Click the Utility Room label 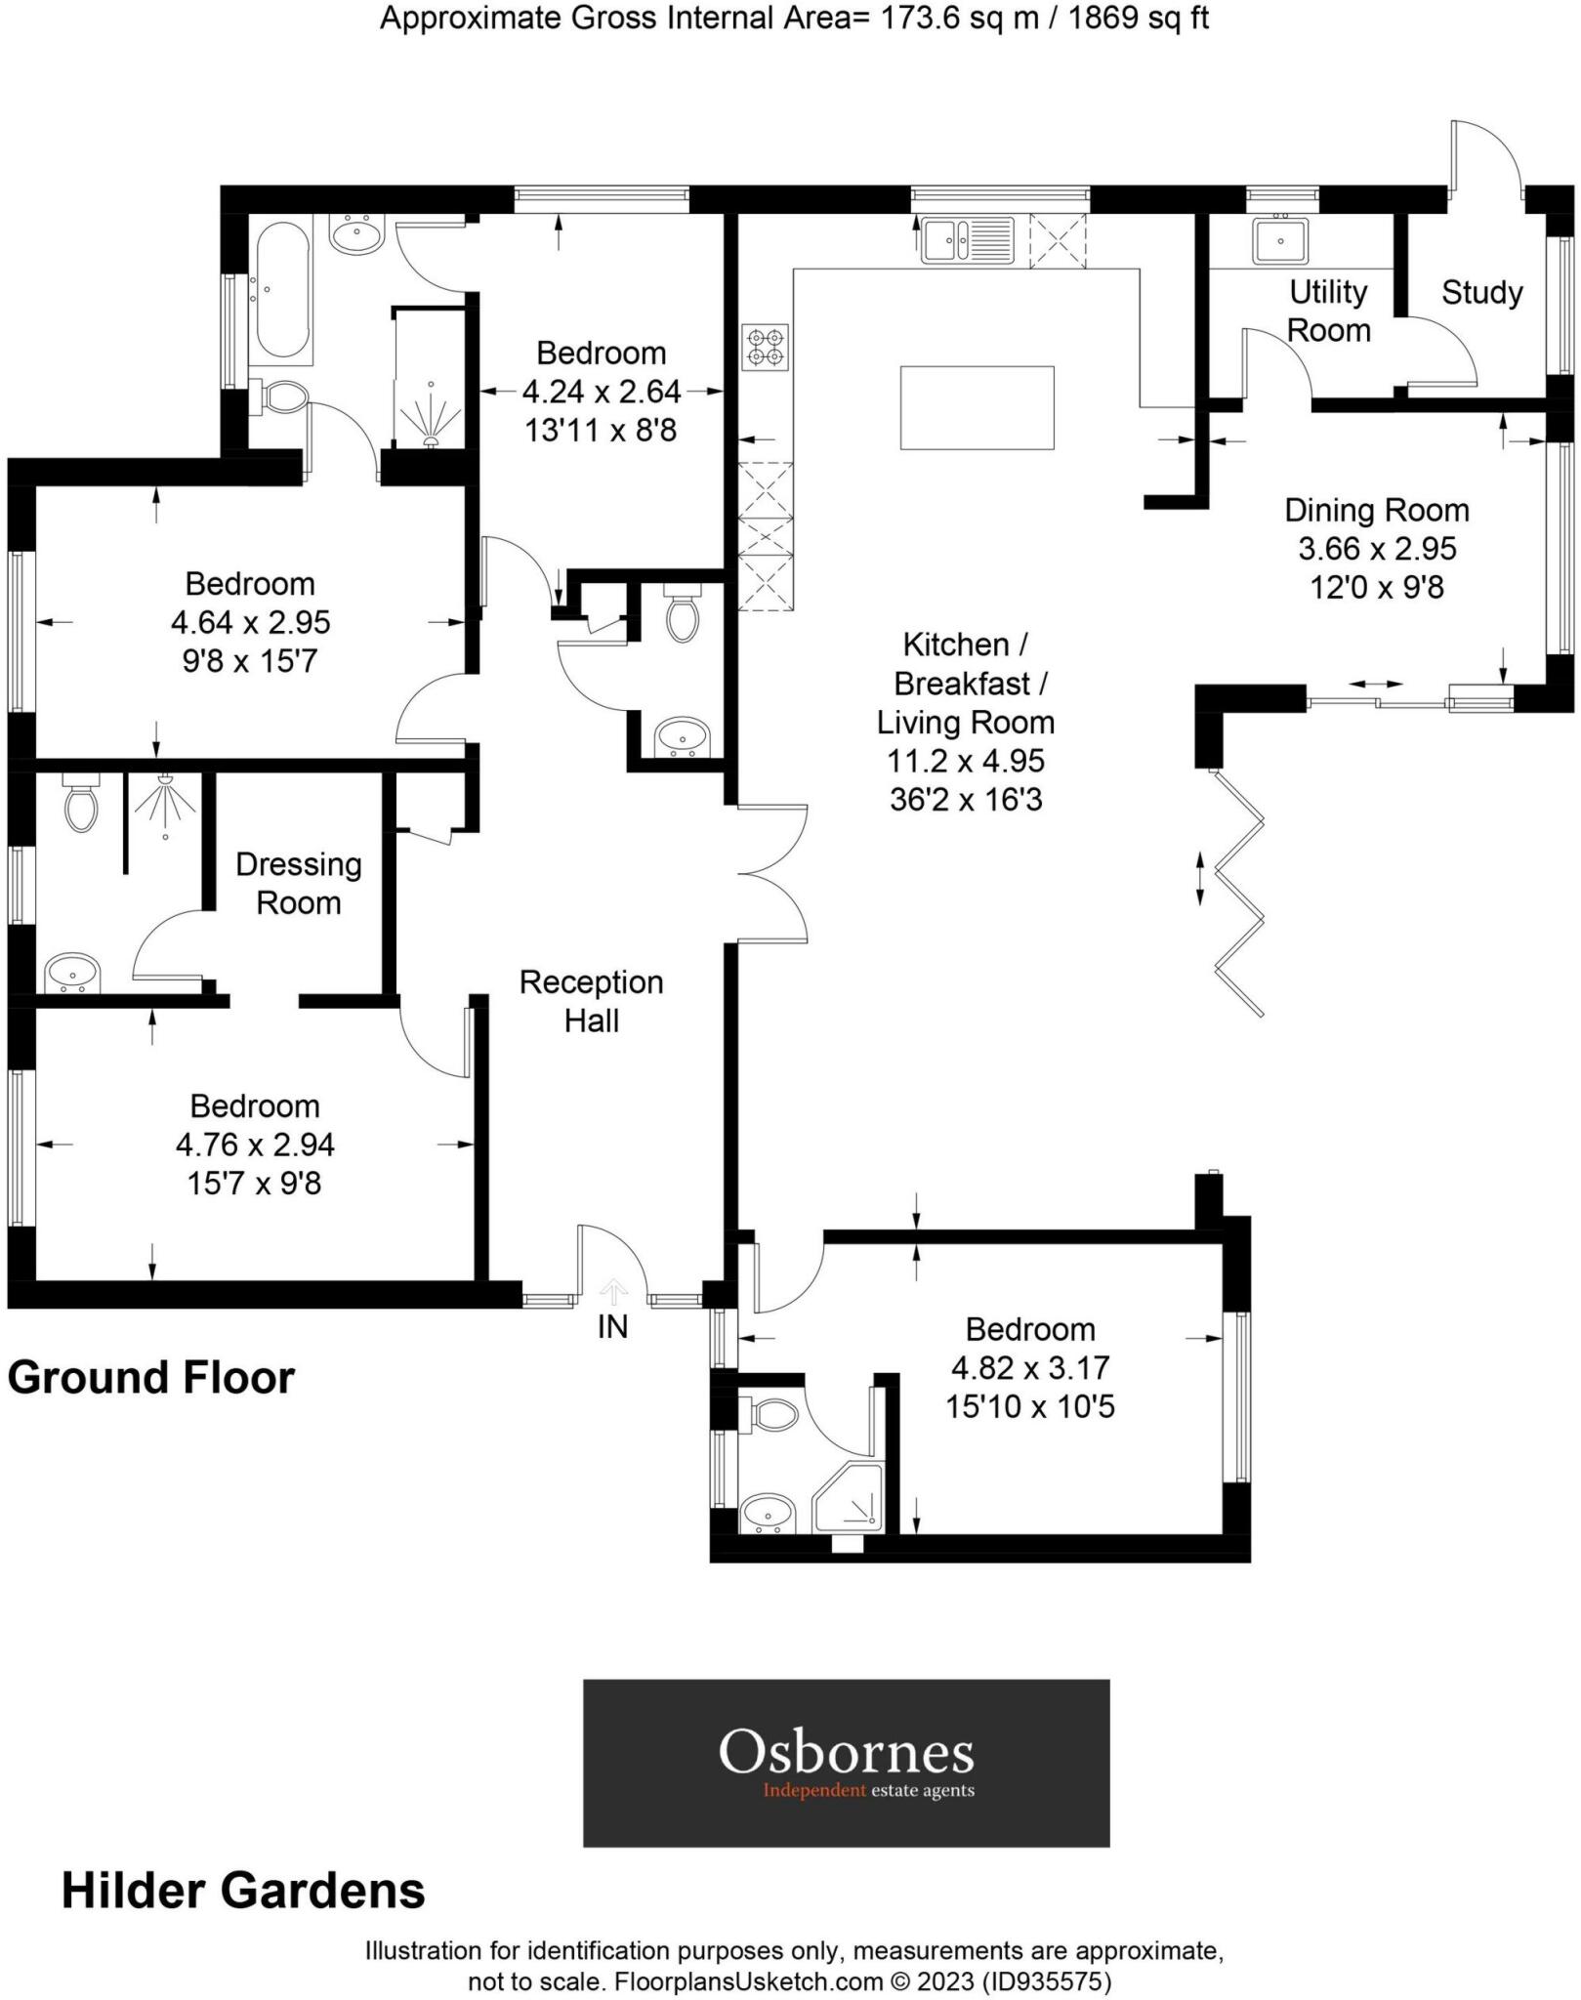click(1328, 311)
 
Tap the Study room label click(1481, 292)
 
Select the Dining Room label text click(1376, 510)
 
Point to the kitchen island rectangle click(977, 407)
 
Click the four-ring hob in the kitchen click(765, 348)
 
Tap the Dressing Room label click(299, 883)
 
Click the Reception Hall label click(591, 1001)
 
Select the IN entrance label click(612, 1326)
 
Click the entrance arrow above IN click(613, 1291)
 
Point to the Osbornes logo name click(846, 1752)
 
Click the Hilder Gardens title click(243, 1891)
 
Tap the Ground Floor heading click(151, 1378)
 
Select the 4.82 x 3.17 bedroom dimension click(1030, 1367)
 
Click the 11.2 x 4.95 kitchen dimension click(966, 760)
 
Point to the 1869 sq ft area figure click(1139, 18)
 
